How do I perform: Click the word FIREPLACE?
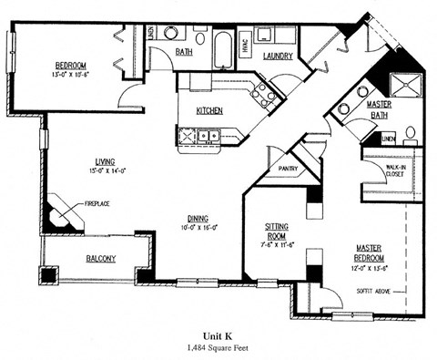click(x=97, y=203)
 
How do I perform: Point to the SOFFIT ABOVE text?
click(x=373, y=292)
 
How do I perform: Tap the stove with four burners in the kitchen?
click(x=263, y=92)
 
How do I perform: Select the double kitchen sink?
click(x=197, y=137)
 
